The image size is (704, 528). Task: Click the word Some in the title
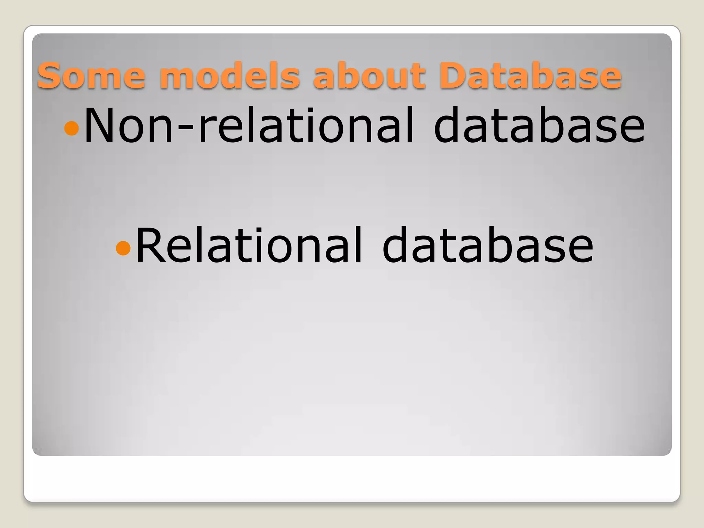point(91,75)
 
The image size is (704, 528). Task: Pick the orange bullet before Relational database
point(123,248)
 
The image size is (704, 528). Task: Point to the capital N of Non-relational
point(100,125)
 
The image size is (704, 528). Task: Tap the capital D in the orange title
point(453,75)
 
